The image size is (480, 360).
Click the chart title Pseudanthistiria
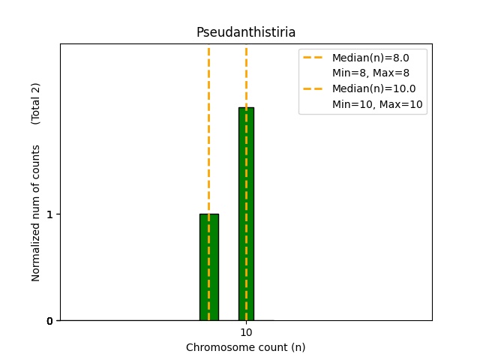click(x=246, y=32)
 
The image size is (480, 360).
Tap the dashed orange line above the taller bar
click(x=246, y=75)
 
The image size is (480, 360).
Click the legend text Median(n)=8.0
click(x=369, y=58)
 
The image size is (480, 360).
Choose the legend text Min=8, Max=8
click(x=370, y=73)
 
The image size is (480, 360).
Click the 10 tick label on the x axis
click(x=246, y=332)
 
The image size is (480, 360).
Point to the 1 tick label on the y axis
click(x=49, y=214)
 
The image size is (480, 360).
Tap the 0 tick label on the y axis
click(x=49, y=321)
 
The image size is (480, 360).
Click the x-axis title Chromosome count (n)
click(x=246, y=347)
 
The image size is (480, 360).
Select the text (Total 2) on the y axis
click(x=36, y=103)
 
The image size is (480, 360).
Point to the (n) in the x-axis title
click(x=298, y=347)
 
